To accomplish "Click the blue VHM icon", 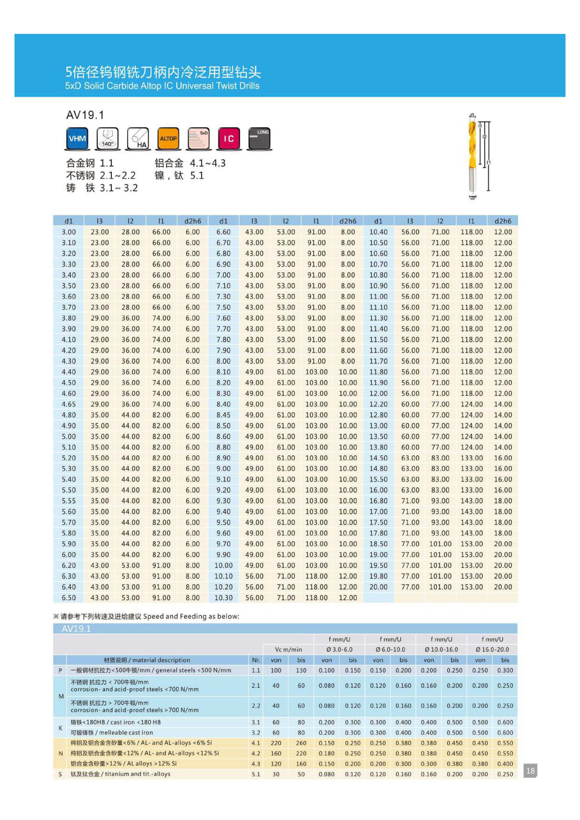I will [x=77, y=139].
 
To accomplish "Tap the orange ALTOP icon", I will [x=168, y=139].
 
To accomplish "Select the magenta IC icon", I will [x=228, y=139].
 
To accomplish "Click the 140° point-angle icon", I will [x=108, y=139].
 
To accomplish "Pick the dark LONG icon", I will [x=259, y=139].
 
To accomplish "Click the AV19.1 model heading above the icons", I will [x=85, y=115].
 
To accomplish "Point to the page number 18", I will [x=530, y=771].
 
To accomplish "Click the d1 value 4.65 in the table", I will [x=69, y=404].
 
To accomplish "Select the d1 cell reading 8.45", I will [x=223, y=415].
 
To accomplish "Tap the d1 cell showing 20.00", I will [x=378, y=587].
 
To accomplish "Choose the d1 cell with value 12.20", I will [x=378, y=404].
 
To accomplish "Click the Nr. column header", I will [x=256, y=660].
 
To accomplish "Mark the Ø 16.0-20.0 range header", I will [x=492, y=650].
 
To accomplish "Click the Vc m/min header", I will [x=288, y=650].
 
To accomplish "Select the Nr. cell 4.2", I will [x=256, y=753].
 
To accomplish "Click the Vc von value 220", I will [x=276, y=743].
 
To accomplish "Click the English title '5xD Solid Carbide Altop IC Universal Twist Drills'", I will [x=162, y=86].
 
